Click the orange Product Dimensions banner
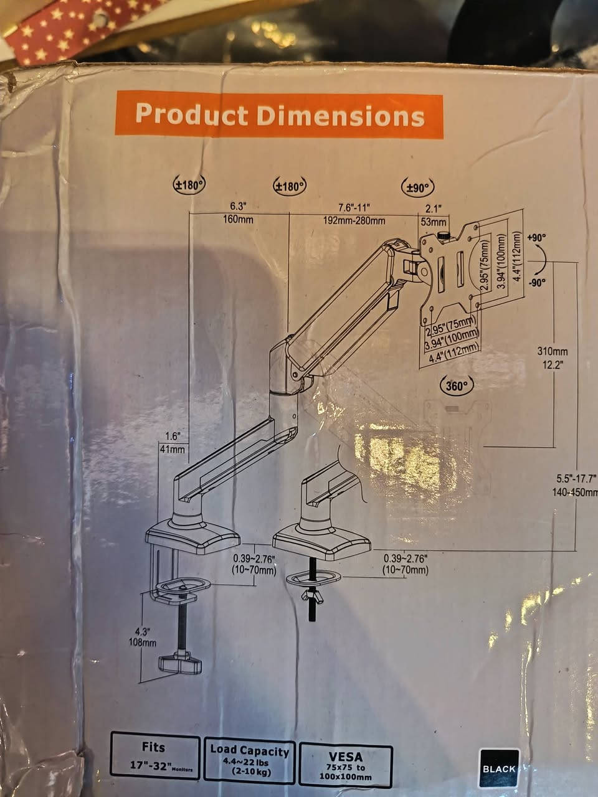click(280, 116)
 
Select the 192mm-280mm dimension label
click(354, 220)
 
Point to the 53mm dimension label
click(434, 222)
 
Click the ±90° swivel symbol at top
click(417, 187)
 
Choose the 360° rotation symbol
click(457, 385)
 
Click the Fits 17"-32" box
click(155, 756)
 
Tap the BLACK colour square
click(499, 768)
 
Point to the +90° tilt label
click(536, 238)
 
